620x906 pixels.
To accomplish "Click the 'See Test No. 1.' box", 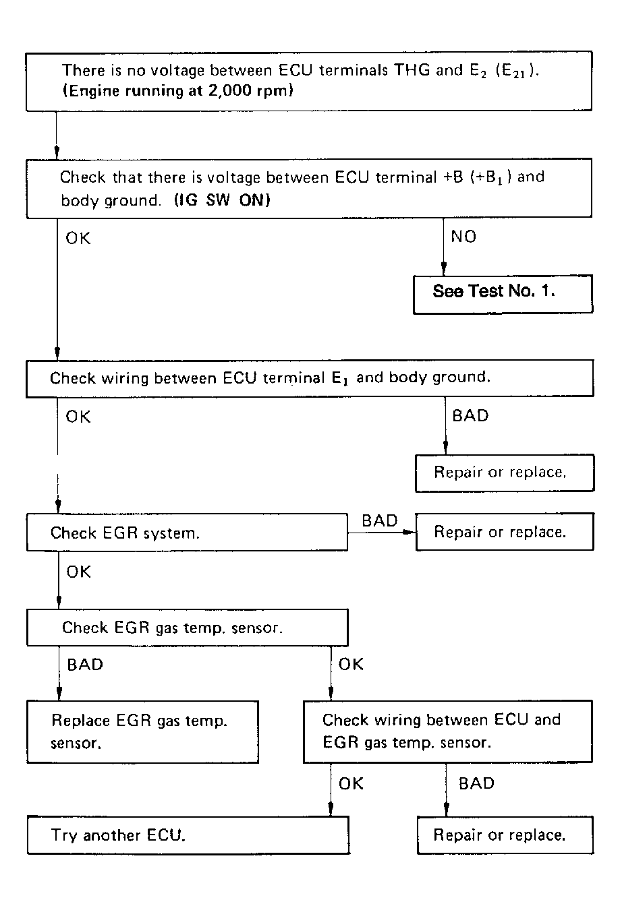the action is (x=503, y=295).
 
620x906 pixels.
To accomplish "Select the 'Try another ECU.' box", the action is (x=188, y=835).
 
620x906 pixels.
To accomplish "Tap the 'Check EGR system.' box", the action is (x=187, y=533).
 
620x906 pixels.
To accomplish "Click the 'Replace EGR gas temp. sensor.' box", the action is (x=142, y=732).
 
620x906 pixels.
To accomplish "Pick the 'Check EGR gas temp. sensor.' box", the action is (x=187, y=628).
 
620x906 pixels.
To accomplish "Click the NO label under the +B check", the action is (x=463, y=237).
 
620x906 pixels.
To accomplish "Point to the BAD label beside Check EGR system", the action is (x=380, y=520).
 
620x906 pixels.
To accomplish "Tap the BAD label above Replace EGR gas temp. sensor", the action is (x=85, y=665).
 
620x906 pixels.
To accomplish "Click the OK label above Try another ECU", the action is (x=351, y=783).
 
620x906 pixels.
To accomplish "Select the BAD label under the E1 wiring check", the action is (x=470, y=415).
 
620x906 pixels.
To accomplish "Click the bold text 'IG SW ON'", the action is (x=222, y=200).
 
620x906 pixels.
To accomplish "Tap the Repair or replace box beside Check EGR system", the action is (x=505, y=532).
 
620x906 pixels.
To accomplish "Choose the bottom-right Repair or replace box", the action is (x=505, y=835).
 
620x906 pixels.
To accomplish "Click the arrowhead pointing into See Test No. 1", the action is (x=443, y=268).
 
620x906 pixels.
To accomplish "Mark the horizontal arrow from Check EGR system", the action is (x=382, y=533).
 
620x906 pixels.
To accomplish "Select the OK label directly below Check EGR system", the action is (x=78, y=572).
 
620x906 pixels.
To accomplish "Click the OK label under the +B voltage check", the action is (x=78, y=238).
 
